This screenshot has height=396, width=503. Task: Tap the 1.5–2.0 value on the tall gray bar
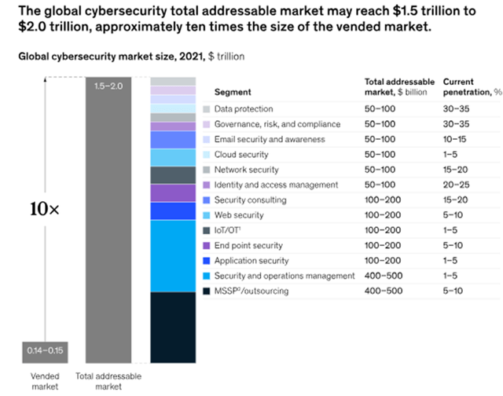(x=108, y=85)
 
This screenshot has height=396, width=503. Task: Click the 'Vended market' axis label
(x=44, y=381)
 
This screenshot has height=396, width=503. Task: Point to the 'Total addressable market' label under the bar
(x=109, y=381)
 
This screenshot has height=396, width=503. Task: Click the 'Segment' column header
(x=233, y=92)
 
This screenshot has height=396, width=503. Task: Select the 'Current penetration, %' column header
(x=469, y=86)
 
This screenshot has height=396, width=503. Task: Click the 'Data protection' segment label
(x=244, y=108)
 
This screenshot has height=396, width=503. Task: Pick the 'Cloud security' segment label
(x=241, y=155)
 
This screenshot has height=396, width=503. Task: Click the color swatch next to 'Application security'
(x=206, y=261)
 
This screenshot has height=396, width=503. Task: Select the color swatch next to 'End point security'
(x=206, y=246)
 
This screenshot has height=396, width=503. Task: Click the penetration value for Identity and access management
(x=457, y=185)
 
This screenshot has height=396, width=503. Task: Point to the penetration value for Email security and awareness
(x=457, y=139)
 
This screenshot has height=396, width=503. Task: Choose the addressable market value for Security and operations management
(x=386, y=276)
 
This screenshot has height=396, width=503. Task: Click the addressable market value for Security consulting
(x=386, y=200)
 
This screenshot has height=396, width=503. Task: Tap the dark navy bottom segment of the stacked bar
(x=172, y=326)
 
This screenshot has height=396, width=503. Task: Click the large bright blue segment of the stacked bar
(x=172, y=255)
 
